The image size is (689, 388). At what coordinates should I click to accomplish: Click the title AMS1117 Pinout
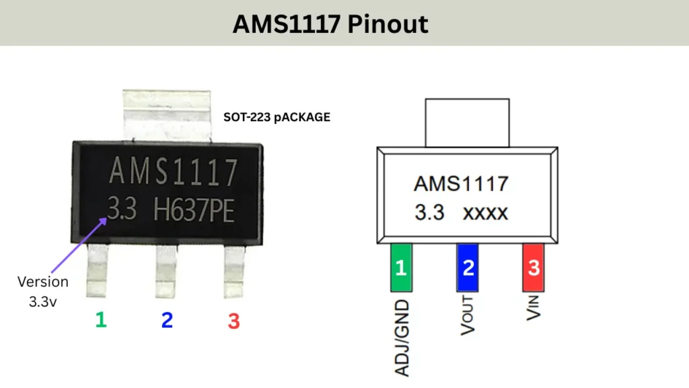[330, 24]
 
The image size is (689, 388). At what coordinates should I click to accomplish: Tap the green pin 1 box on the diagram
[401, 267]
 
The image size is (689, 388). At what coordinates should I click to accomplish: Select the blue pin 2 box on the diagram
[468, 267]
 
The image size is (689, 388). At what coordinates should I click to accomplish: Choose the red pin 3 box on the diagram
[534, 267]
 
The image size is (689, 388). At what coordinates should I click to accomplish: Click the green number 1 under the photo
[101, 319]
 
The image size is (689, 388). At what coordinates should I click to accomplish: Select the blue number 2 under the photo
[167, 321]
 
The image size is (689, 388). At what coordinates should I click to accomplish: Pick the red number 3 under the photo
[233, 321]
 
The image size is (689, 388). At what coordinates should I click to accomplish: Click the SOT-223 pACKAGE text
[277, 117]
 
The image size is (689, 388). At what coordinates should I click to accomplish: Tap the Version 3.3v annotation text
[43, 291]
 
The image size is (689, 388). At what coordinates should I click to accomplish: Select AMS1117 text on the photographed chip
[173, 172]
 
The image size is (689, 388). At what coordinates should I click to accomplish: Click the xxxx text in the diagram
[485, 214]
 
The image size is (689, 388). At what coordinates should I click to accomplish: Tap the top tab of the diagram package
[466, 122]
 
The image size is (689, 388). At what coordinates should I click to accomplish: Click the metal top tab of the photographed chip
[167, 115]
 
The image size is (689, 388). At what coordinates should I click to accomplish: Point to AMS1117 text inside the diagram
[461, 183]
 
